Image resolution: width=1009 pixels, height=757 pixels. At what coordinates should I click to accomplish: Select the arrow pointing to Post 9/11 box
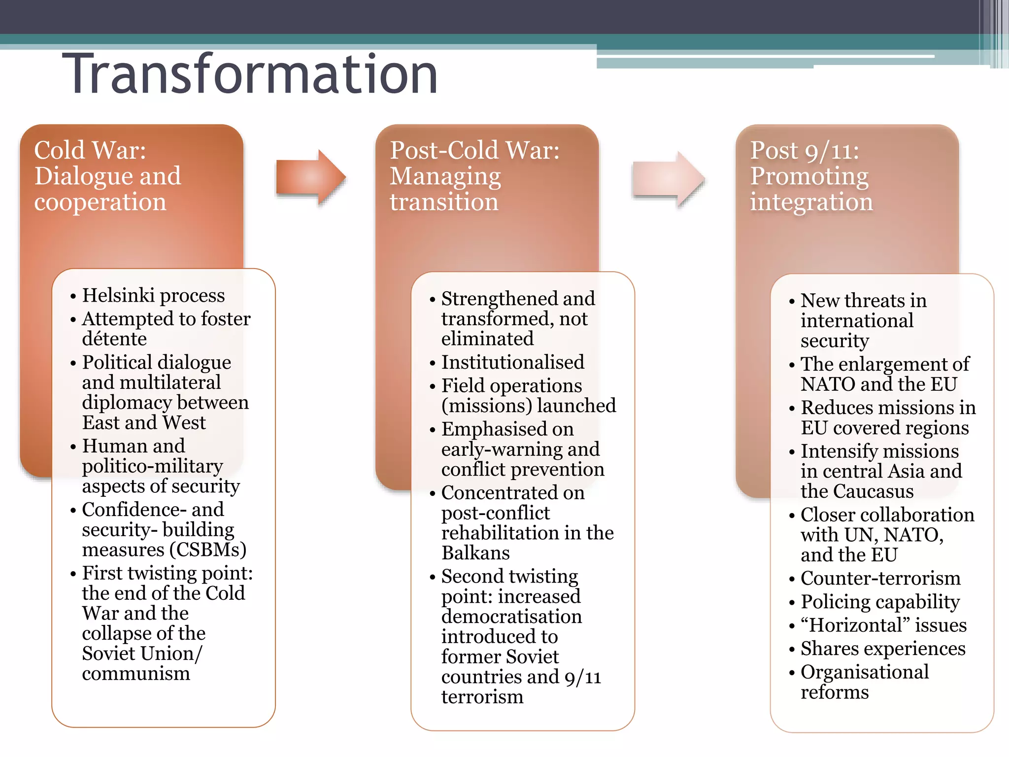[x=668, y=179]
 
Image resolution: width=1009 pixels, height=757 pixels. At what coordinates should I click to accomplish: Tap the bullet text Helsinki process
[x=153, y=295]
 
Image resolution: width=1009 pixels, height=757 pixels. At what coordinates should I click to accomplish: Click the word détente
[x=114, y=339]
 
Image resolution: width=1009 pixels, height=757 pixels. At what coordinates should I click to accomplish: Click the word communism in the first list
[x=136, y=673]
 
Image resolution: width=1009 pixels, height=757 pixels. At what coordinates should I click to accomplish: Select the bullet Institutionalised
[x=512, y=362]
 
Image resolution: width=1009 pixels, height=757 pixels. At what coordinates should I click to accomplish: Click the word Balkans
[x=475, y=553]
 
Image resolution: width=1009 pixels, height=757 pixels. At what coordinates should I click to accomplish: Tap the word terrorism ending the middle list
[x=482, y=697]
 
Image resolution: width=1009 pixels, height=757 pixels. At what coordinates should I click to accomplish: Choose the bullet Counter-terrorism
[x=880, y=578]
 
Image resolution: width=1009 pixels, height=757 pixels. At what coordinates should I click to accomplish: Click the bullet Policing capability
[x=880, y=602]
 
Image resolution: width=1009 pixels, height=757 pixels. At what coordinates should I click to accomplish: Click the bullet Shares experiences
[x=883, y=649]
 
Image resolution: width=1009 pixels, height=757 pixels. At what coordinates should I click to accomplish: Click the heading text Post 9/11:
[x=805, y=150]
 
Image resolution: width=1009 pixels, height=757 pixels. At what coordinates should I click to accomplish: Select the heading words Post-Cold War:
[x=474, y=150]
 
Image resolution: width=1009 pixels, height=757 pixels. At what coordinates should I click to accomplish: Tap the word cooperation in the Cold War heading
[x=101, y=202]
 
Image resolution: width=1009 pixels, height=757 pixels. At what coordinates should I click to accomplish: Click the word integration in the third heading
[x=811, y=202]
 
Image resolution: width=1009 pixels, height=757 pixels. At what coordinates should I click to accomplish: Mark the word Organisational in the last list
[x=865, y=672]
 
